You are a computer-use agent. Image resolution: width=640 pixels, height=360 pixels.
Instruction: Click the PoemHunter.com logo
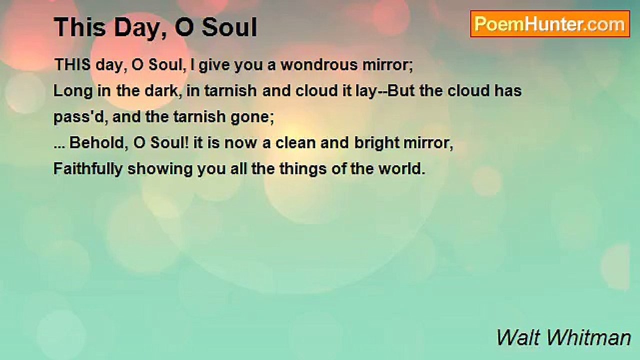pos(550,24)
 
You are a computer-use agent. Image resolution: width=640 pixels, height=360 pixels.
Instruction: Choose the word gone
pos(253,117)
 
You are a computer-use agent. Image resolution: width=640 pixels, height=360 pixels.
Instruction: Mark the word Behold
pos(98,143)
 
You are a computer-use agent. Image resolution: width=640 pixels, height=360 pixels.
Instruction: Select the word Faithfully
pos(87,169)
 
